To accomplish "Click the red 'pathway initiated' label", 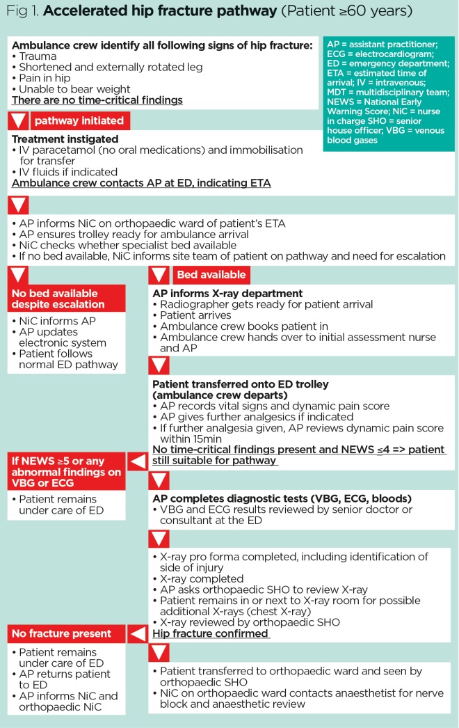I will coord(79,120).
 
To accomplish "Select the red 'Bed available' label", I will coord(211,275).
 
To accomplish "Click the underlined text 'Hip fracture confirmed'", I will coord(211,634).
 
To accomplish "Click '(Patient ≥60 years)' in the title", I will coord(348,13).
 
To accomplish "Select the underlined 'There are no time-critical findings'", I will coord(97,100).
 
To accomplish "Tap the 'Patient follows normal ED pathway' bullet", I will coord(67,359).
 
